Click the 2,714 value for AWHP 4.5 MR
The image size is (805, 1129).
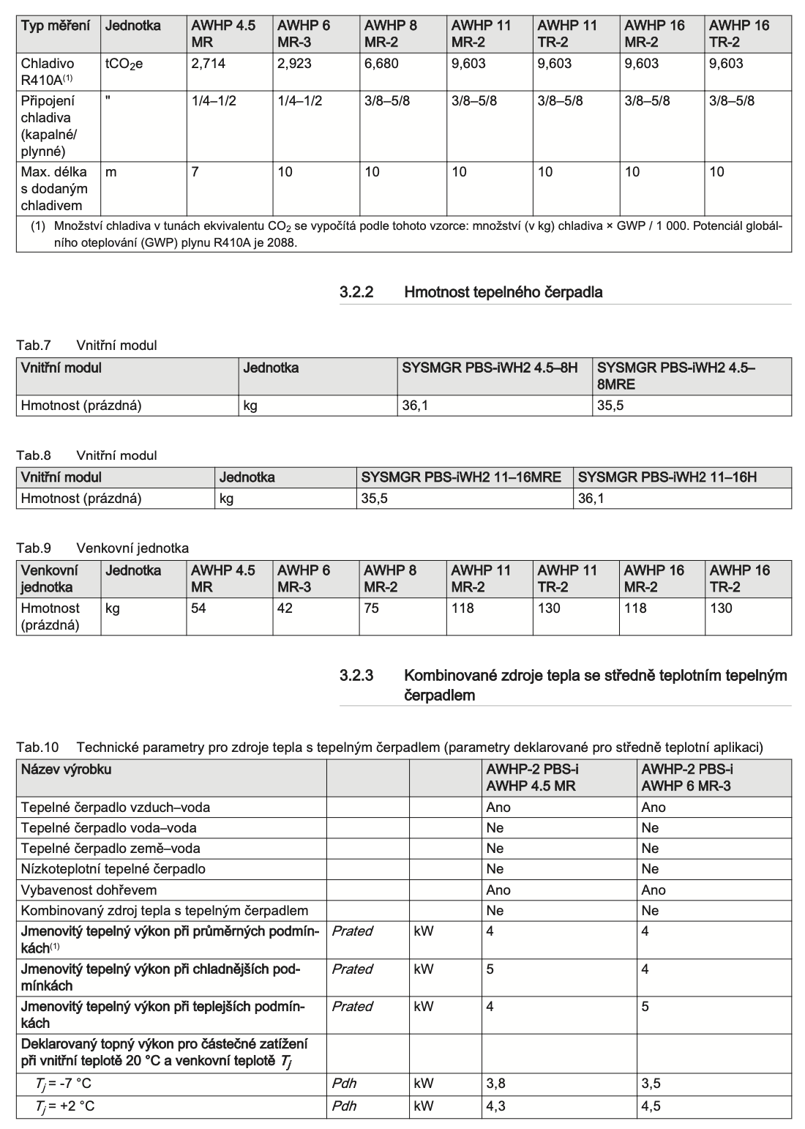click(x=208, y=64)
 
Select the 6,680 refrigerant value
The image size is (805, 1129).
click(x=381, y=64)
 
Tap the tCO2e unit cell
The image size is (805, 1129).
click(x=124, y=64)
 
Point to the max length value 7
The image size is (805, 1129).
click(x=195, y=172)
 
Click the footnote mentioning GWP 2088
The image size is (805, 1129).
click(x=406, y=234)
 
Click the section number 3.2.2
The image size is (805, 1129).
click(x=356, y=292)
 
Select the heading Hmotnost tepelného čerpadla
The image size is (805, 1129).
click(x=503, y=292)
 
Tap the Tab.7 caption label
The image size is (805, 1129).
click(x=34, y=346)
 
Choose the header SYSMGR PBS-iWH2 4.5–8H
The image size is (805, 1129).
click(x=490, y=368)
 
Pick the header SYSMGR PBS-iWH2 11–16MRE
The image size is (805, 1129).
click(x=461, y=477)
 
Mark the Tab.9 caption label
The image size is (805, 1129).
click(x=34, y=548)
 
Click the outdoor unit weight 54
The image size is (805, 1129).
click(x=198, y=608)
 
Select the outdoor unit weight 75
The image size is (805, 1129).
click(x=372, y=608)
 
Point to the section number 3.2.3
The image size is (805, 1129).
click(x=356, y=675)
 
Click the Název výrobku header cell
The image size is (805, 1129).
click(x=67, y=770)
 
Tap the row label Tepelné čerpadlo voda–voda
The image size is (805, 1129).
click(x=108, y=828)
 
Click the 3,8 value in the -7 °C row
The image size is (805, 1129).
click(x=495, y=1084)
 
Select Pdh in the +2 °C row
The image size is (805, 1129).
click(x=344, y=1106)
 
